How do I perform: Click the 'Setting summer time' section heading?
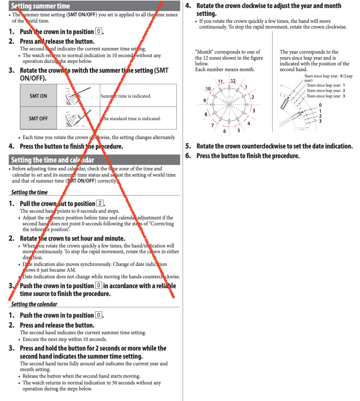point(40,6)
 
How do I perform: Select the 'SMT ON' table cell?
point(38,96)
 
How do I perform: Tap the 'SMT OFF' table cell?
point(38,118)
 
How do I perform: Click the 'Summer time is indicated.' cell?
point(126,96)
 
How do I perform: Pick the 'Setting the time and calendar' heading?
point(52,160)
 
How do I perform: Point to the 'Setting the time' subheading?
point(29,192)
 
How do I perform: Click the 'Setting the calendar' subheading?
point(34,304)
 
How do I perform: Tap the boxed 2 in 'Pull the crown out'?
point(100,203)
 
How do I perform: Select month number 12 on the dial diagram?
point(233,81)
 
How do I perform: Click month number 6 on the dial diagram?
point(225,131)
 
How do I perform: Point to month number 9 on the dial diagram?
point(205,101)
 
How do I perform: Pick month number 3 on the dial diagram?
point(254,111)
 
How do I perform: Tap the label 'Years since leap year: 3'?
point(326,96)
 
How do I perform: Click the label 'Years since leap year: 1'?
point(326,85)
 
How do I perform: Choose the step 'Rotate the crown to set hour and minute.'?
point(72,238)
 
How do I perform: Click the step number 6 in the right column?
point(188,156)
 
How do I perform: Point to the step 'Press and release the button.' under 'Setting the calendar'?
point(57,325)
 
